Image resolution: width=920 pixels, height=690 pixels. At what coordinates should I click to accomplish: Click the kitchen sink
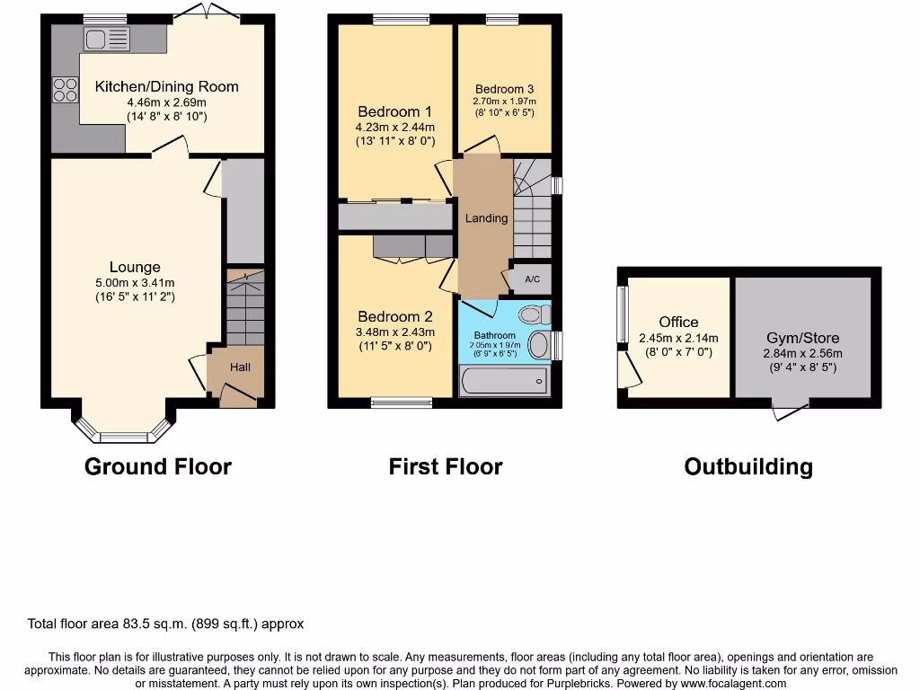coord(107,39)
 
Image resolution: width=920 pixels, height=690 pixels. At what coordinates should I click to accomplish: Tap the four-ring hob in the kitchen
coord(65,89)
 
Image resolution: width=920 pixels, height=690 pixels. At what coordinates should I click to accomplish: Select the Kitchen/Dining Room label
coord(167,87)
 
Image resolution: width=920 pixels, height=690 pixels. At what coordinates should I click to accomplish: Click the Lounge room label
coord(135,267)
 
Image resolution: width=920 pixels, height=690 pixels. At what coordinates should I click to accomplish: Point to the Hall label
coord(240,367)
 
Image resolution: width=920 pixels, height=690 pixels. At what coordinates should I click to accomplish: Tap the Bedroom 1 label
coord(394,112)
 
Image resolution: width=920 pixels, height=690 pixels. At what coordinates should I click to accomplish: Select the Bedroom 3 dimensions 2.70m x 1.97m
coord(504,102)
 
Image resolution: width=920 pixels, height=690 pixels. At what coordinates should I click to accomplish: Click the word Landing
coord(486,218)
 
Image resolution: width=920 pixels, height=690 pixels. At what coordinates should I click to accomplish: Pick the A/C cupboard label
coord(532,279)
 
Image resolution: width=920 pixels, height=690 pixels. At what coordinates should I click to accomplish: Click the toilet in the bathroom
coord(535,314)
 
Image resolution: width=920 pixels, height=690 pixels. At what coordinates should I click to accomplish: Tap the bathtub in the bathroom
coord(503,381)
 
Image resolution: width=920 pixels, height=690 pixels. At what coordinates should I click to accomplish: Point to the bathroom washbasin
coord(539,345)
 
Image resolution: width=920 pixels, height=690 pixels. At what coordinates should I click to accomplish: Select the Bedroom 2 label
coord(394,317)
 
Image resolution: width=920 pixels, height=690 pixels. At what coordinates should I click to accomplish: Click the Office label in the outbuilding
coord(678,323)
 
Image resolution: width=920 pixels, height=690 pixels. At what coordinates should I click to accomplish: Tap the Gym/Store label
coord(803,339)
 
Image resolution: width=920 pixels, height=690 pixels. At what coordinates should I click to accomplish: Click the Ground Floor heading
coord(158,467)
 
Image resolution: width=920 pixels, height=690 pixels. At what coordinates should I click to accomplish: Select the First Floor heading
coord(446,467)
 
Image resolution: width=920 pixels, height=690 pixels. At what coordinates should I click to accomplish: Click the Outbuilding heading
coord(748,467)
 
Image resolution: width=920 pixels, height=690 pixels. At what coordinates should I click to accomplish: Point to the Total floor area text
coord(166,624)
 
